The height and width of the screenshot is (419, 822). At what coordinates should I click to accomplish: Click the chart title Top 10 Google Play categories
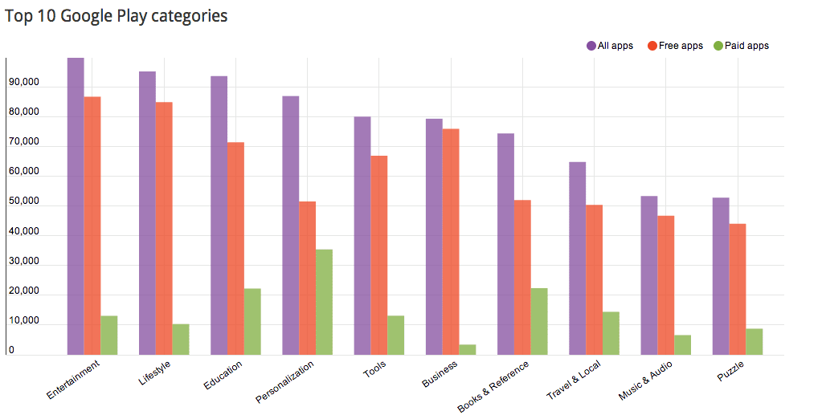(116, 16)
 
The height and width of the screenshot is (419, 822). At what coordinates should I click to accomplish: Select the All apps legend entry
(610, 46)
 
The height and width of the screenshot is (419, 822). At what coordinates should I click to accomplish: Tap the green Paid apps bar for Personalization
(324, 302)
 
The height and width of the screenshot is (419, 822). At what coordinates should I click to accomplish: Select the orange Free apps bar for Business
(451, 242)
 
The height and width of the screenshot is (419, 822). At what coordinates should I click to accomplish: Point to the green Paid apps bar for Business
(468, 349)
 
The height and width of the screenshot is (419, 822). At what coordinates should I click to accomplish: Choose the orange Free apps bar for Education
(235, 248)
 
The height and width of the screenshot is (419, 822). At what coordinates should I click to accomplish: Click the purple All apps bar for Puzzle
(721, 276)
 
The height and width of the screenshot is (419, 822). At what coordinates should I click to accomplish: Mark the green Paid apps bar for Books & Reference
(539, 321)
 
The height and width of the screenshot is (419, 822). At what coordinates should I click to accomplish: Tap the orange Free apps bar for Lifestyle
(164, 228)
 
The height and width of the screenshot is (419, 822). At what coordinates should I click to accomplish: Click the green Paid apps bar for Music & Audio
(682, 344)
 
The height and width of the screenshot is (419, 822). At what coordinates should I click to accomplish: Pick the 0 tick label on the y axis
(11, 350)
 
